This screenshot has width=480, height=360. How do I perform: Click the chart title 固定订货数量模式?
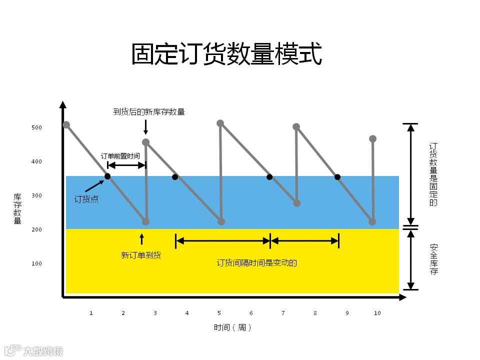tap(226, 54)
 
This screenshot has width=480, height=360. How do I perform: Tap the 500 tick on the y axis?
tap(36, 127)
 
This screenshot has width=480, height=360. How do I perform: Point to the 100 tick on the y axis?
tap(36, 263)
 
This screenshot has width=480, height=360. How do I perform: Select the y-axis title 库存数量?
tap(17, 208)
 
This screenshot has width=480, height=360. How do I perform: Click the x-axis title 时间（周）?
tap(232, 327)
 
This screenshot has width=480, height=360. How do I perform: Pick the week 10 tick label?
tap(377, 313)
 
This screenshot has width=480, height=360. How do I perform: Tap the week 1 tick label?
tap(91, 313)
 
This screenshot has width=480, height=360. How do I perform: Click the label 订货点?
tap(86, 199)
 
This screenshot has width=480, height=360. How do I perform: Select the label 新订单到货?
tap(141, 255)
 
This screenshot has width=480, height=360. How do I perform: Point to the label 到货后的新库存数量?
tap(149, 111)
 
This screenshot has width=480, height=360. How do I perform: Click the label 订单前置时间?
tap(120, 156)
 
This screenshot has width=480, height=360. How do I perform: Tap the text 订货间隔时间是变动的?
tap(256, 262)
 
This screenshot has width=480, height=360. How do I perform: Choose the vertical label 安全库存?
tap(433, 259)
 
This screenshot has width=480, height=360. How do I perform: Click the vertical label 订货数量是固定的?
tap(433, 174)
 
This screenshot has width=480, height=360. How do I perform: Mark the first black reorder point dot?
tap(107, 176)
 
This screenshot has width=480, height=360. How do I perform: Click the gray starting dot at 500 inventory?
tap(66, 124)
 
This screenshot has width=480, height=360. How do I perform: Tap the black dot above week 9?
tap(337, 177)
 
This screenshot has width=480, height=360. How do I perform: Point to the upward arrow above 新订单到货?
tap(141, 238)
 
